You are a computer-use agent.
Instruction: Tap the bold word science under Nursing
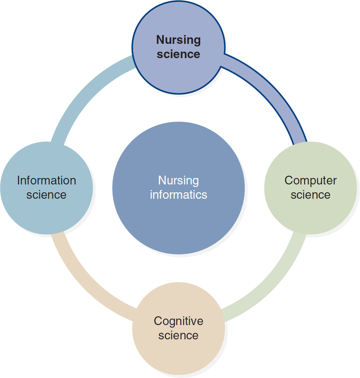(x=178, y=54)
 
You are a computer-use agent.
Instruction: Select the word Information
(x=46, y=180)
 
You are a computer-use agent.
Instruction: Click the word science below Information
(x=46, y=195)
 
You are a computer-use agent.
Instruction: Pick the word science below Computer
(x=310, y=195)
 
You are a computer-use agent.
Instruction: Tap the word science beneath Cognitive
(x=178, y=335)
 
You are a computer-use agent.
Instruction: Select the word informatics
(x=178, y=195)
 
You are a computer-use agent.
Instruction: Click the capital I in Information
(x=18, y=180)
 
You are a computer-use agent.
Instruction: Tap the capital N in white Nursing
(x=162, y=180)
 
